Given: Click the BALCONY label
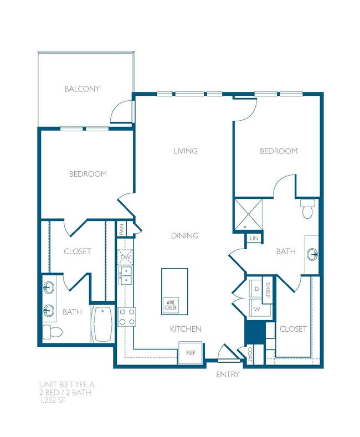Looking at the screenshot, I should click(x=82, y=89).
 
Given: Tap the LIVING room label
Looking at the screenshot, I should click(x=185, y=151).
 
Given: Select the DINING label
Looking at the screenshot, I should click(x=185, y=235).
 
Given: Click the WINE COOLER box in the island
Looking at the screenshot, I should click(x=169, y=306).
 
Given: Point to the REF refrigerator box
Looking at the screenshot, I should click(x=190, y=352).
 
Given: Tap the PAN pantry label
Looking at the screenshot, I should click(x=122, y=229).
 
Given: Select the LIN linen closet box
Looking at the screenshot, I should click(x=254, y=238).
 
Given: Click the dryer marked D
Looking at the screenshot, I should click(x=257, y=289).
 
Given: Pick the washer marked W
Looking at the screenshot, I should click(x=257, y=309).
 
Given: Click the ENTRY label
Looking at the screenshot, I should click(x=228, y=374).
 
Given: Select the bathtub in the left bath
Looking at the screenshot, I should click(x=104, y=324).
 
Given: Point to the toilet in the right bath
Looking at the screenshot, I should click(x=307, y=209).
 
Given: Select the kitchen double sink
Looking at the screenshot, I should click(x=126, y=275).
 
